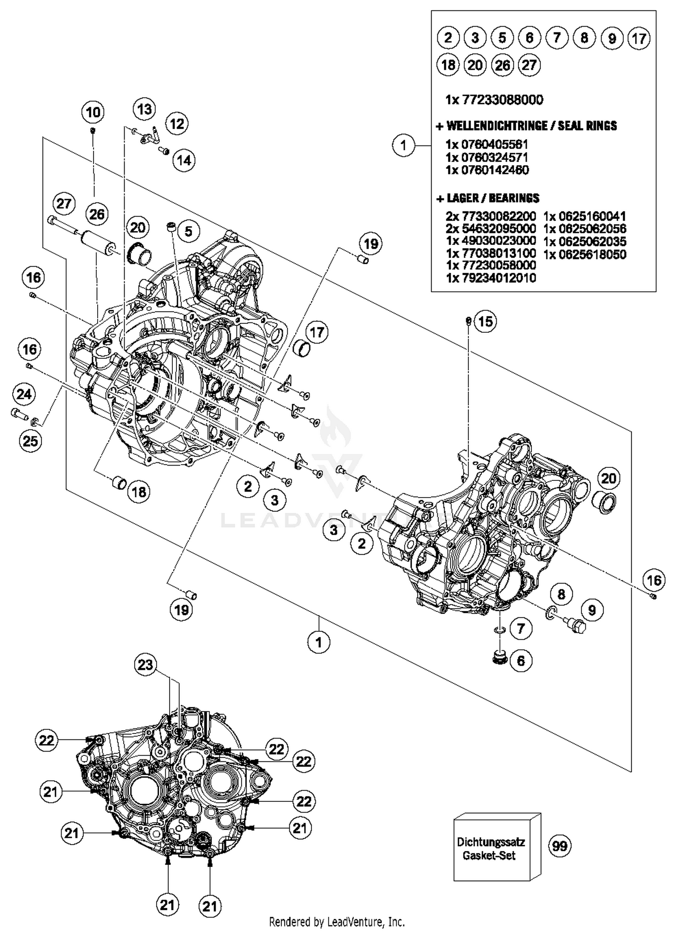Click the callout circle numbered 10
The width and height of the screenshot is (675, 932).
[x=93, y=112]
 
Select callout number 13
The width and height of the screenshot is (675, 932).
[x=144, y=109]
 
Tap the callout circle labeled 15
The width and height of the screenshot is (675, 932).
[x=486, y=321]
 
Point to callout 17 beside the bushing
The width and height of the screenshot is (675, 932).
[x=317, y=333]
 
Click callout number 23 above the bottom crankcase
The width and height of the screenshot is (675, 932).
[x=145, y=665]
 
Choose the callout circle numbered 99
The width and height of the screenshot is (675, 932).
[x=560, y=846]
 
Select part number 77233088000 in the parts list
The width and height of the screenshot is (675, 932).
[x=494, y=100]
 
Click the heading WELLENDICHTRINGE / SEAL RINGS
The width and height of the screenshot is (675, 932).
[x=527, y=126]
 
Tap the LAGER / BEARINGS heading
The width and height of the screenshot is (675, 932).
[x=488, y=198]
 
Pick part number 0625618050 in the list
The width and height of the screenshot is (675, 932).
[x=585, y=254]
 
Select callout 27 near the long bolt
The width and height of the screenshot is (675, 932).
[x=63, y=204]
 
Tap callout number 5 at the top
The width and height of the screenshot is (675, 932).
[x=189, y=231]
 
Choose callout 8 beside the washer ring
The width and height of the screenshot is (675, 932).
[x=561, y=594]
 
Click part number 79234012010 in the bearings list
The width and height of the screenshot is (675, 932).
[x=491, y=278]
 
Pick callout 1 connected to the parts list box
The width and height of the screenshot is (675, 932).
[x=403, y=145]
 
